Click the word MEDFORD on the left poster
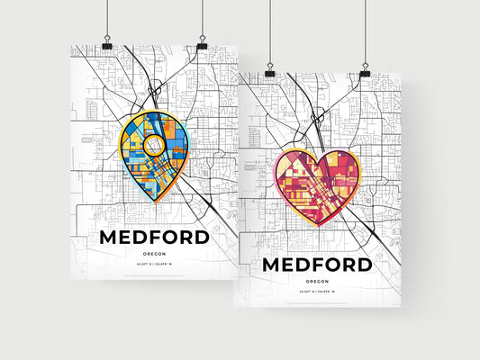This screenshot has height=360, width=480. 154,238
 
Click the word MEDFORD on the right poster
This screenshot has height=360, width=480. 316,265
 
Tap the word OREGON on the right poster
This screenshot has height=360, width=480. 316,282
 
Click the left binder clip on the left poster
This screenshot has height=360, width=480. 106,44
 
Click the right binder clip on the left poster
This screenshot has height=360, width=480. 201,44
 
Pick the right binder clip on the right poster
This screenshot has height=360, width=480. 365,71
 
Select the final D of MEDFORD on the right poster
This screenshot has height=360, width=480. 362,265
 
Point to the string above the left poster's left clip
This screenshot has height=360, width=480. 106,18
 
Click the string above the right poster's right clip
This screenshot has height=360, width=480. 365,31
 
